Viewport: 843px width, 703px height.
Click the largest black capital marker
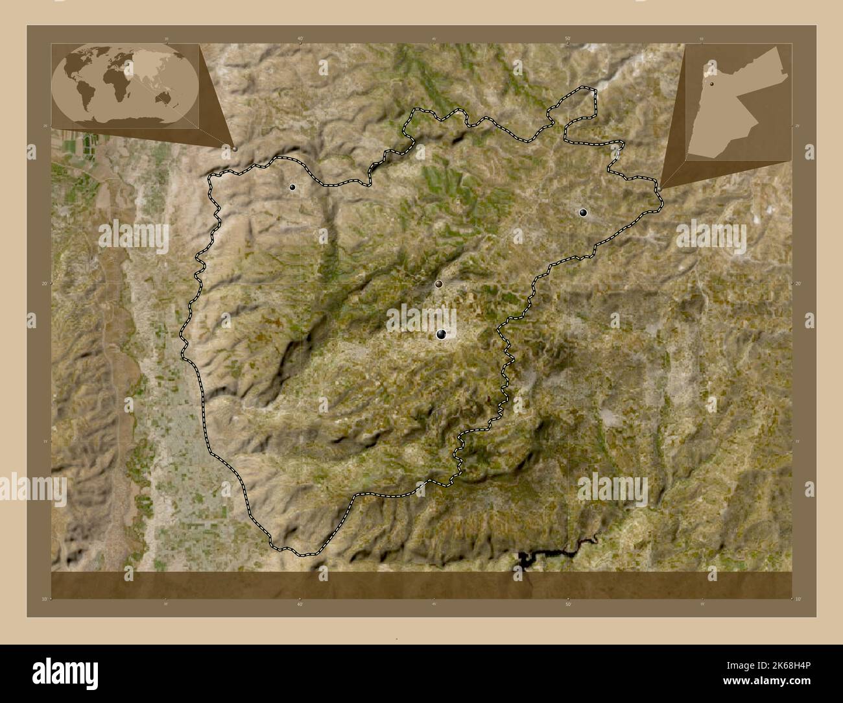442,334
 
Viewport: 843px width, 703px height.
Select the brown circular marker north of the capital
439,283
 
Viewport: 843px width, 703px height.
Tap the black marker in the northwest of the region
293,187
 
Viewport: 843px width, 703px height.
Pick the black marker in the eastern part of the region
583,212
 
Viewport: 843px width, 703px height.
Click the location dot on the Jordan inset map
711,84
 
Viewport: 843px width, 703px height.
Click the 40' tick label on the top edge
300,39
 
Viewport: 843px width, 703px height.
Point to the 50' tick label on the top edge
568,39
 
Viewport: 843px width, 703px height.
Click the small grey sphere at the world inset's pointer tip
235,149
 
